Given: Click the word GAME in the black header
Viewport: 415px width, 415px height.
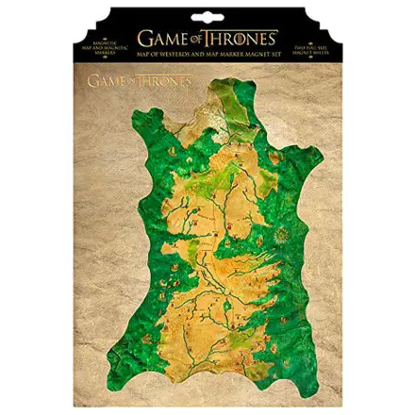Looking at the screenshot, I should (160, 39).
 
